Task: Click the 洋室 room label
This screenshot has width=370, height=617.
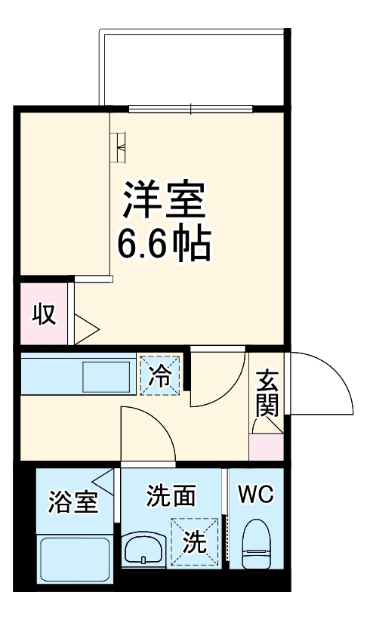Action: tap(163, 200)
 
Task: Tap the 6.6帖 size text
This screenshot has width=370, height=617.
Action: tap(163, 243)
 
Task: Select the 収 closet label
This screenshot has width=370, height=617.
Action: tap(44, 313)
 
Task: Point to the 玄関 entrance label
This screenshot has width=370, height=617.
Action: tap(267, 393)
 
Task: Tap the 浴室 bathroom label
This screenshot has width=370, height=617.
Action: tap(73, 501)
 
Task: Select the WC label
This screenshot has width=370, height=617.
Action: tap(256, 495)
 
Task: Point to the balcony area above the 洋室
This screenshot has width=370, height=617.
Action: tap(193, 68)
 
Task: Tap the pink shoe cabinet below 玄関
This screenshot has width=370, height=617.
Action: tap(267, 447)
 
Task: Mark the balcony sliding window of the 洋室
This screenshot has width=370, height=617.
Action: tap(190, 108)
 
